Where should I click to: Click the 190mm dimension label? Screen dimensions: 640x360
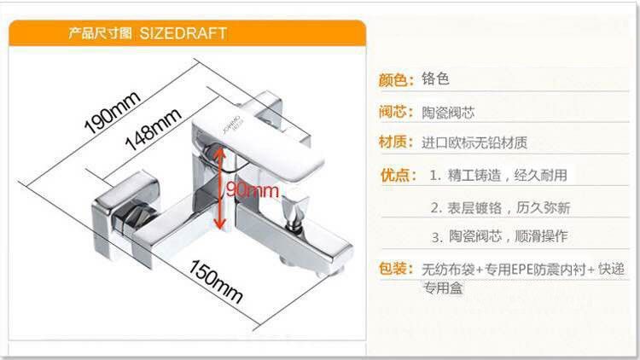click(112, 111)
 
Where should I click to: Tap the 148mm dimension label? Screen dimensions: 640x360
click(154, 128)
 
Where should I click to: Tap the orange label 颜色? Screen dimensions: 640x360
click(397, 80)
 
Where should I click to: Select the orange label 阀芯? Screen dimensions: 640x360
click(397, 112)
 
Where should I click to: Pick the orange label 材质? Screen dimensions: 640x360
click(397, 142)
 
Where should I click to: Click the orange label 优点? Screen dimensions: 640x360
click(398, 175)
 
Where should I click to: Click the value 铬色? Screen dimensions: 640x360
click(435, 79)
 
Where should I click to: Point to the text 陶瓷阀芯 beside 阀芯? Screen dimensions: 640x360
click(448, 112)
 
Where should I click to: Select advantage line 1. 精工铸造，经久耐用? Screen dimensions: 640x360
click(497, 175)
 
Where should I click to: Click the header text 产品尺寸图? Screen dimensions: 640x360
click(99, 34)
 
